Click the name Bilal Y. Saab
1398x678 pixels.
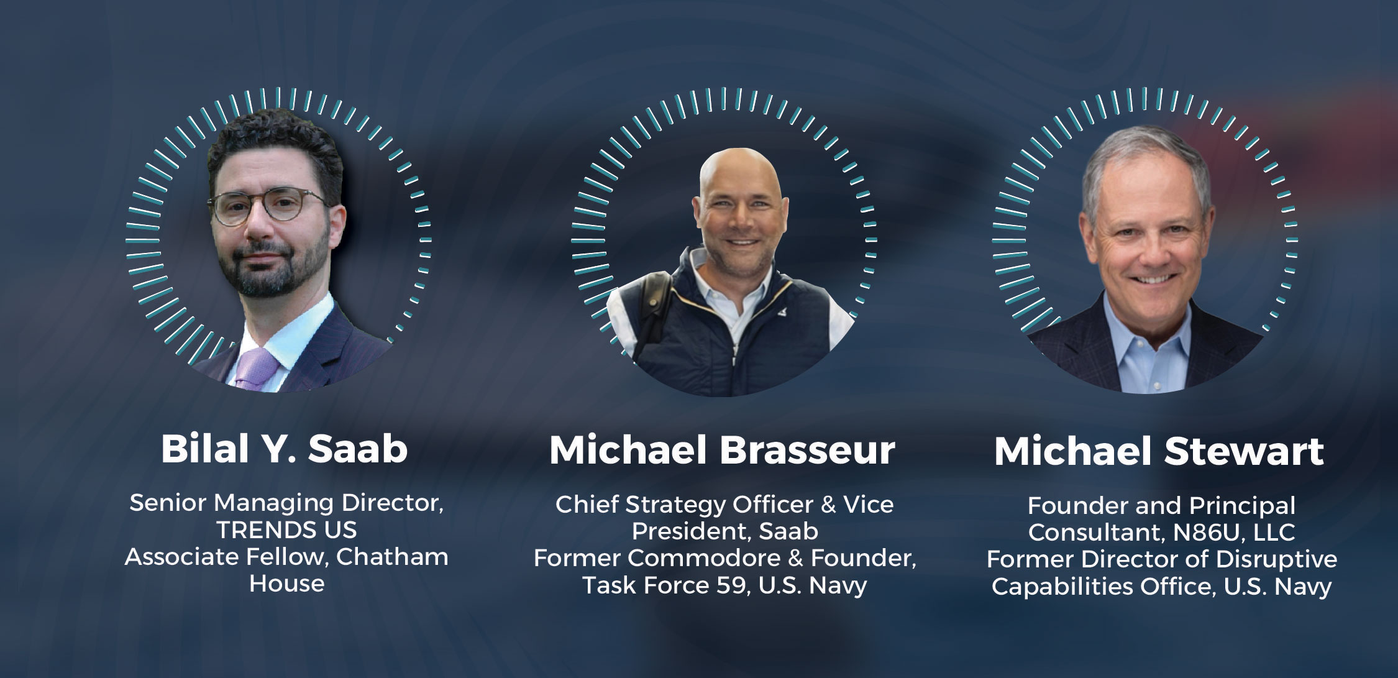click(285, 449)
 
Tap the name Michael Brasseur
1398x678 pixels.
click(722, 451)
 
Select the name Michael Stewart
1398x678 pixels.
click(1159, 451)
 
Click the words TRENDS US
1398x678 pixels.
click(286, 530)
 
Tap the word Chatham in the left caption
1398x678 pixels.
click(392, 557)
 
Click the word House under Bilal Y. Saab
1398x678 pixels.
click(286, 584)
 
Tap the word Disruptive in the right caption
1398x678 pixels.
click(1276, 559)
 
